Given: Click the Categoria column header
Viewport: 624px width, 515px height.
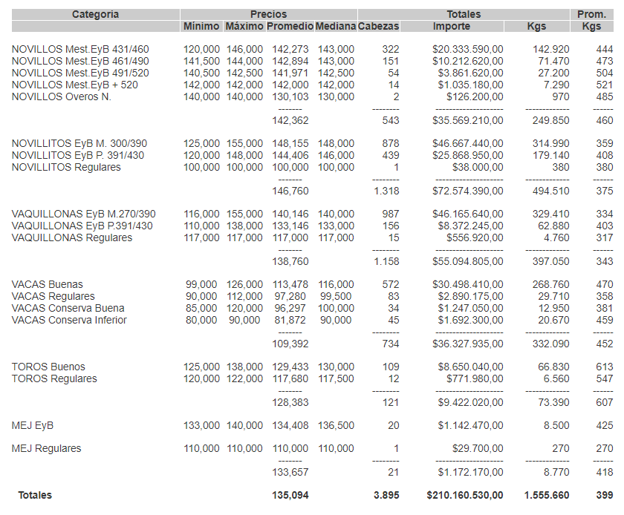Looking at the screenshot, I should tap(95, 14).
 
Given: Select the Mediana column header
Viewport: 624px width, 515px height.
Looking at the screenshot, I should tap(335, 27).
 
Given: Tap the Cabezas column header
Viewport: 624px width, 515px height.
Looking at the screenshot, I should tap(378, 27).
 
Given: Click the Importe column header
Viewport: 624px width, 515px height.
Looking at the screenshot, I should tap(451, 27).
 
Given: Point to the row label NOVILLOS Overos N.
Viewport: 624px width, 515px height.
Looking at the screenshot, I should tap(62, 96).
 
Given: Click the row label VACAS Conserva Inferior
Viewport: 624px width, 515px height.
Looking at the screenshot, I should tap(69, 320).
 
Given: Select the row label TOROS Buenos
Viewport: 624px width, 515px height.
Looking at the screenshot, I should tap(48, 367).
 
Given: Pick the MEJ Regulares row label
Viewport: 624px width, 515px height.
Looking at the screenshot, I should tap(46, 448).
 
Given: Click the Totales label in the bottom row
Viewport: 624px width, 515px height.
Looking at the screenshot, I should tap(35, 495).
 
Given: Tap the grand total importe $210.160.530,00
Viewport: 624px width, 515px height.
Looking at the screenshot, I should tap(465, 495).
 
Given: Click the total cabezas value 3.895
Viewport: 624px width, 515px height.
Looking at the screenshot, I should tap(386, 495).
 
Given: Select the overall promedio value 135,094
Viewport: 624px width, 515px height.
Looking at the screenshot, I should tap(290, 495).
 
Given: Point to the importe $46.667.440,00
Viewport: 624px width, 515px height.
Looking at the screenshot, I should tap(468, 143).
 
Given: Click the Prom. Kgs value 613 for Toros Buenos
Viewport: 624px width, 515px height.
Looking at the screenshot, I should tap(604, 367).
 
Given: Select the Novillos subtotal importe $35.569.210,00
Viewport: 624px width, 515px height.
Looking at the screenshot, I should tap(468, 120).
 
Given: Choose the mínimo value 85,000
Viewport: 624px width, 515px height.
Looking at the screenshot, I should tap(201, 308).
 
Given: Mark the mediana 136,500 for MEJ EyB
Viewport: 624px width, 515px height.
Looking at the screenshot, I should tap(336, 425).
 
